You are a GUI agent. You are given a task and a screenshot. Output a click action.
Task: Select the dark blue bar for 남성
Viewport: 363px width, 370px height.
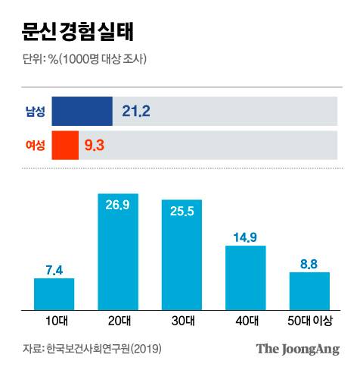[x=82, y=111]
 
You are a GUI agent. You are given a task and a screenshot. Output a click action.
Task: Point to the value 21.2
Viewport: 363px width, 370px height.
[x=137, y=112]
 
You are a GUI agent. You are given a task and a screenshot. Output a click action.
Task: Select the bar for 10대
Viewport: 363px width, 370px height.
[x=54, y=294]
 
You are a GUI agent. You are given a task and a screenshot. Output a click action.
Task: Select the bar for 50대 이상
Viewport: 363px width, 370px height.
[x=309, y=291]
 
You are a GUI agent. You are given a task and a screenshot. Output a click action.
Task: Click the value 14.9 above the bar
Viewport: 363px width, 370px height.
[x=246, y=237]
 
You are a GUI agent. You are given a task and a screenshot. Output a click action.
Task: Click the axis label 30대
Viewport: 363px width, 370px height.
[x=181, y=322]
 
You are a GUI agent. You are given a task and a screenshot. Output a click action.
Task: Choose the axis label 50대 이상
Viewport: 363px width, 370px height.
[x=309, y=322]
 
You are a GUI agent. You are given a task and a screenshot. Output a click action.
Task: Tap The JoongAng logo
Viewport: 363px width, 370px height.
[x=296, y=349]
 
